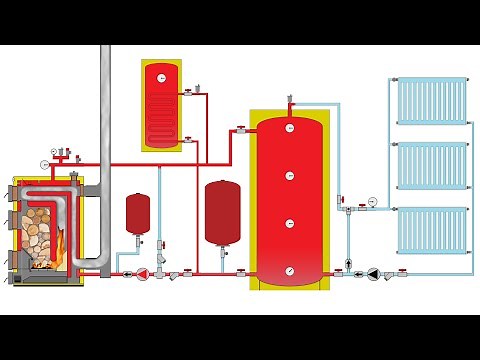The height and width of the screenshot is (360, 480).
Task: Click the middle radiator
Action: click(x=431, y=166)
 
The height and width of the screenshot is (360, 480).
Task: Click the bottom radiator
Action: click(x=431, y=231)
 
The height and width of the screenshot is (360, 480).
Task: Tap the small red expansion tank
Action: click(x=137, y=212)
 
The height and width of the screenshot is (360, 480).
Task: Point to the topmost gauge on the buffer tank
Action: click(x=290, y=128)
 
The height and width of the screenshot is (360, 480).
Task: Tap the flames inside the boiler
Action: click(x=61, y=244)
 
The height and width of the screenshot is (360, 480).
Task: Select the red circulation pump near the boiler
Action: click(x=142, y=272)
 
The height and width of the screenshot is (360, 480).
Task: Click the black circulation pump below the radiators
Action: click(x=373, y=271)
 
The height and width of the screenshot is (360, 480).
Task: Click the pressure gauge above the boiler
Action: click(x=45, y=163)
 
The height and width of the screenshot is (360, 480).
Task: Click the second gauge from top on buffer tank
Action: click(x=290, y=176)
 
